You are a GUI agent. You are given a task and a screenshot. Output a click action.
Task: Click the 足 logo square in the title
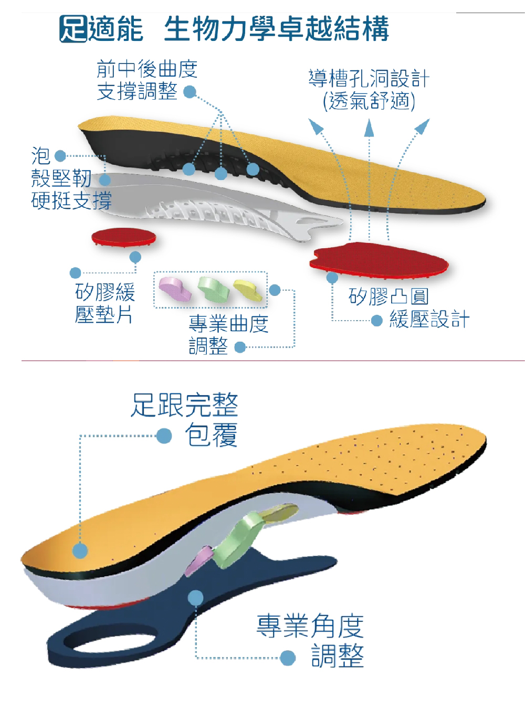tap(73, 29)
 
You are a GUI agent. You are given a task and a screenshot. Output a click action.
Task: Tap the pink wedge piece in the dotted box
tap(175, 289)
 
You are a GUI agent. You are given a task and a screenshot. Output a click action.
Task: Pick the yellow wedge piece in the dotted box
tap(248, 290)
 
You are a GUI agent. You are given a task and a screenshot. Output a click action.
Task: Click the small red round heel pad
tap(124, 237)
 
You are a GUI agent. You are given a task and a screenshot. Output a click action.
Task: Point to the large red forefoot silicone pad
tap(379, 260)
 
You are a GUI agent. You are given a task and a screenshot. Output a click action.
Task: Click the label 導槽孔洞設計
tap(369, 78)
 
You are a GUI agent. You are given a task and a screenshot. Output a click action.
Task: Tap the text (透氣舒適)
tap(369, 101)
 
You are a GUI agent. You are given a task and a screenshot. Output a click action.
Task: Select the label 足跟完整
tap(184, 405)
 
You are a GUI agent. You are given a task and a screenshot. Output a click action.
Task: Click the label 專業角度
tap(310, 626)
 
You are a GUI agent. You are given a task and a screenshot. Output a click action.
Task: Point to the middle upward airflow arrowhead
tap(369, 128)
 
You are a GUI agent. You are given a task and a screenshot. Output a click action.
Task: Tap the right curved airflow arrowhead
tap(423, 125)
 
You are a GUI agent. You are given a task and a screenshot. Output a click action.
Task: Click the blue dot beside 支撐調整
tap(190, 92)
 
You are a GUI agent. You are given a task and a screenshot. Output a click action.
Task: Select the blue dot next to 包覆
tap(164, 436)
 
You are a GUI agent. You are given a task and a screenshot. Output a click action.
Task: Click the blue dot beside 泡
tap(60, 156)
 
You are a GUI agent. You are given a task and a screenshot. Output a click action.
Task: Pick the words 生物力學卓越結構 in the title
tap(277, 29)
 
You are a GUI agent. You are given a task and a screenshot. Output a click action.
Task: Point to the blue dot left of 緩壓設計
tap(377, 320)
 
